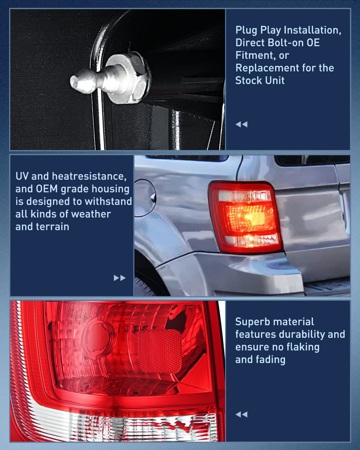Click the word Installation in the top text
click(312, 30)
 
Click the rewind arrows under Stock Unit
click(241, 124)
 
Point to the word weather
click(91, 214)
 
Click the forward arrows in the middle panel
click(119, 278)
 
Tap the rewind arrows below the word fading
click(241, 414)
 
